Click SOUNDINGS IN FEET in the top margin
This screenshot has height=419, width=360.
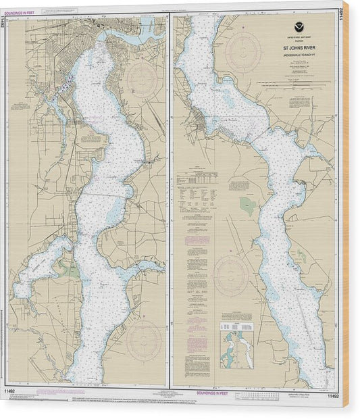point(23,9)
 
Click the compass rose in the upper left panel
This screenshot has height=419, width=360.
point(142,80)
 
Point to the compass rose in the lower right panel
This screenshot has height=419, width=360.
point(231,274)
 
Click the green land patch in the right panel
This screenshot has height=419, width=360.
point(248,206)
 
